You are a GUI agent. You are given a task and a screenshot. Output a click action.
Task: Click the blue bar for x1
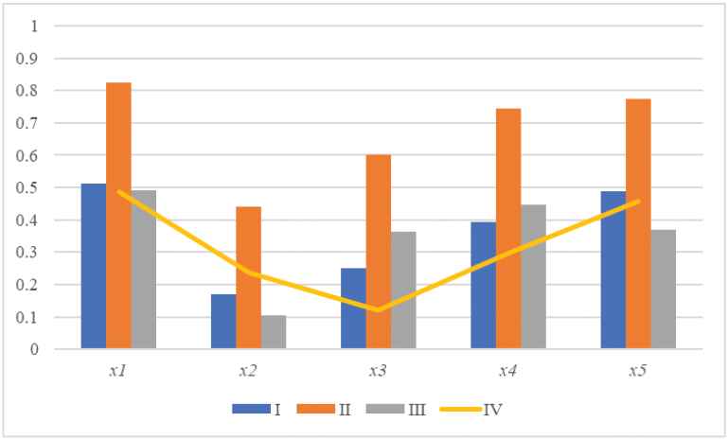(x=94, y=266)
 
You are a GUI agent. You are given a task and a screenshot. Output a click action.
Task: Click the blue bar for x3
(x=353, y=308)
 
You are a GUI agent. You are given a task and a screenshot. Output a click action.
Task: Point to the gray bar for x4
(x=533, y=277)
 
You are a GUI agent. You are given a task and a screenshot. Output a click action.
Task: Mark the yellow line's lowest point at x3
(x=378, y=309)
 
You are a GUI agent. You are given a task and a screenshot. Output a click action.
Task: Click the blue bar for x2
(x=223, y=322)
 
